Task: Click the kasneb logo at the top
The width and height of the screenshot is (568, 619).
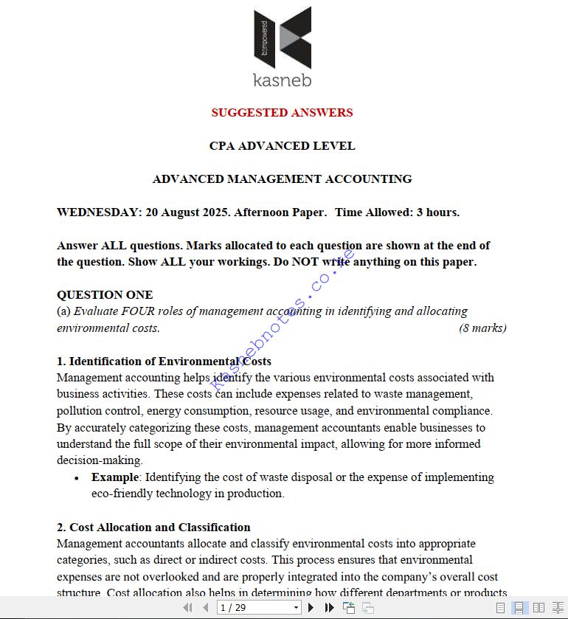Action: tap(282, 48)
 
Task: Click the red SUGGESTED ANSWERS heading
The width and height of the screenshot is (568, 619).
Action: tap(282, 112)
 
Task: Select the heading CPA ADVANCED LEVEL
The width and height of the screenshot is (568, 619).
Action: tap(282, 145)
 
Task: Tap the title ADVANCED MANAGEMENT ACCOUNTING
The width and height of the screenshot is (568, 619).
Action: tap(282, 179)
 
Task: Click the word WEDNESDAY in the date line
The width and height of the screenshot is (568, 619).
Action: tap(98, 212)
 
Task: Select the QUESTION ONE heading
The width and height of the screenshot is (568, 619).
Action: tap(105, 295)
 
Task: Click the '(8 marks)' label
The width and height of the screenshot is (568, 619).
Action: tap(482, 328)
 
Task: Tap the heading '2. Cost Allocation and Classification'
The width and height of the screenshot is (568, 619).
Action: tap(153, 528)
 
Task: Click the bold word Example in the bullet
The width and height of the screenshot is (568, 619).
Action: tap(114, 477)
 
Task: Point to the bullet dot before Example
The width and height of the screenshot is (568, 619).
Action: tap(77, 478)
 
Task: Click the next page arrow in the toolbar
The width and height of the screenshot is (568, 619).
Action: tap(311, 608)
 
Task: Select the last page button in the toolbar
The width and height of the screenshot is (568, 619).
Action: tap(329, 608)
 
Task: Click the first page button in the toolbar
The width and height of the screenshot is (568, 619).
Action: tap(187, 608)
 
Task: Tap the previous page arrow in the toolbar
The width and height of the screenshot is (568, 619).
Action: tap(205, 608)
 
